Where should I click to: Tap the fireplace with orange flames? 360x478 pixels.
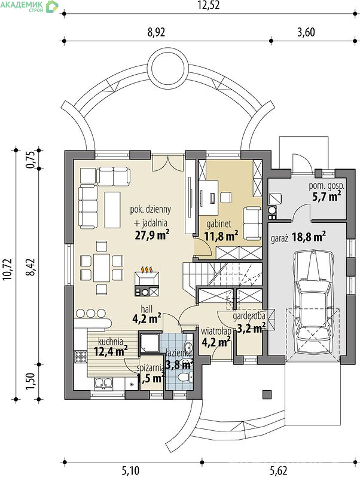[x=147, y=281]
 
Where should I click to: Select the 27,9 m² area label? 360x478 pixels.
[x=152, y=235]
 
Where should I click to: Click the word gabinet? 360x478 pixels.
[x=219, y=224]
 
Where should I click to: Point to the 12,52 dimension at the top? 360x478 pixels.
[x=208, y=5]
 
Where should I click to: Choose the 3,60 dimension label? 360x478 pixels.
[x=306, y=32]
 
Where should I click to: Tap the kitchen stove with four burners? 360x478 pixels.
[x=81, y=356]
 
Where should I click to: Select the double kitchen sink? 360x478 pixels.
[x=103, y=384]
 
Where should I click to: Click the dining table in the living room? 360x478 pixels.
[x=102, y=268]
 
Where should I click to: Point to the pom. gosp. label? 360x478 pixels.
[x=327, y=186]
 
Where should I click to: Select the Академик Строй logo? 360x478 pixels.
[x=29, y=6]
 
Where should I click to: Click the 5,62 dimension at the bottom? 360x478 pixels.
[x=279, y=471]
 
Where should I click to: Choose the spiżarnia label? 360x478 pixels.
[x=150, y=368]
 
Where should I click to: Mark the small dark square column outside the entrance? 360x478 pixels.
[x=267, y=394]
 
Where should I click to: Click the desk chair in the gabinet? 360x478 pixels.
[x=225, y=198]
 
